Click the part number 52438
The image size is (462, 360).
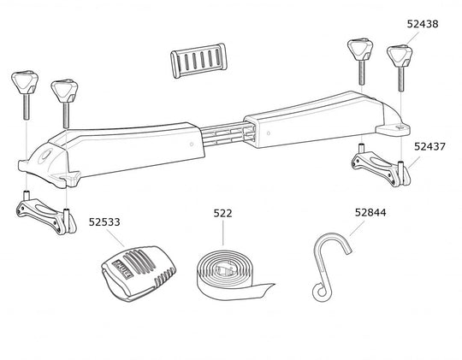pos(423,25)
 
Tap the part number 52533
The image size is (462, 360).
pos(104,221)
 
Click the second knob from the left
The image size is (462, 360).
pos(63,90)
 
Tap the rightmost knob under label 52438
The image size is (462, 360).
pos(400,56)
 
